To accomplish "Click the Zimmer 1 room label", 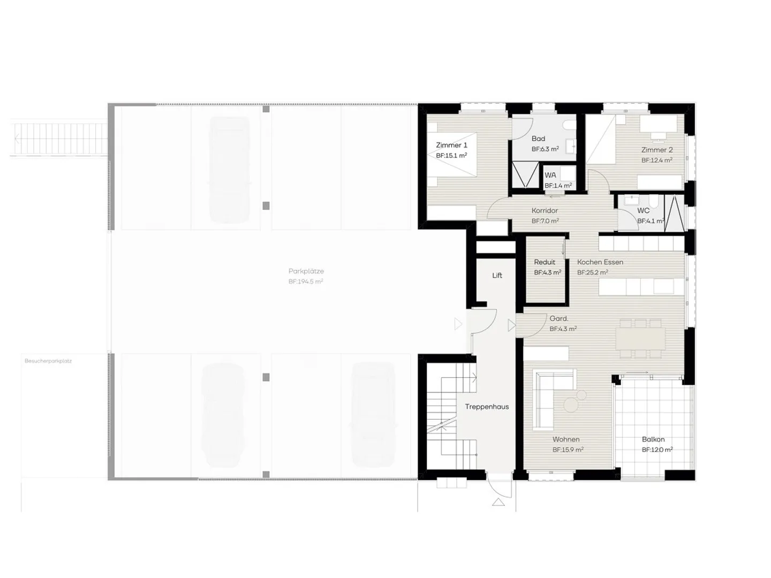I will click(x=451, y=145).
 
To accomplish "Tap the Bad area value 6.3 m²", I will click(x=545, y=149).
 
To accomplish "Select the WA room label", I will click(x=550, y=175).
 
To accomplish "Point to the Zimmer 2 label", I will click(x=656, y=150).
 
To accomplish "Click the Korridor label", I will click(x=545, y=211).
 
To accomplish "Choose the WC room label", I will click(x=643, y=211).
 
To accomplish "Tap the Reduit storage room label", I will click(x=545, y=262).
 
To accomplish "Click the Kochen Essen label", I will click(x=600, y=262).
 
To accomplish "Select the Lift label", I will click(x=497, y=276).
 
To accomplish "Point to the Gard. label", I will click(x=558, y=319).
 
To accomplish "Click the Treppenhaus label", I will click(x=487, y=407).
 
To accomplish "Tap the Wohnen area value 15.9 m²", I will click(x=568, y=450).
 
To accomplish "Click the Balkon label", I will click(x=653, y=439).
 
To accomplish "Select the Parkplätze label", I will click(x=306, y=271).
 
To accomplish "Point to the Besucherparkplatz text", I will click(x=48, y=361).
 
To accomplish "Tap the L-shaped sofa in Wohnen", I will click(x=543, y=399).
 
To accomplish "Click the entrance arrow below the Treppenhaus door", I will click(x=498, y=502).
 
